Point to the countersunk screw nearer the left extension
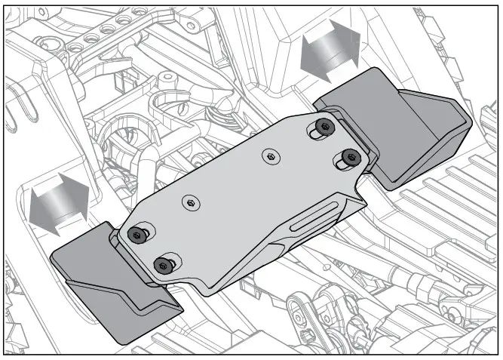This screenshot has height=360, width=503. pos(192,202)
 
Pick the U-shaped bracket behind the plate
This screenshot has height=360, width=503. pos(170,106)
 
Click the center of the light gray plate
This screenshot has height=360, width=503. pos(241,196)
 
